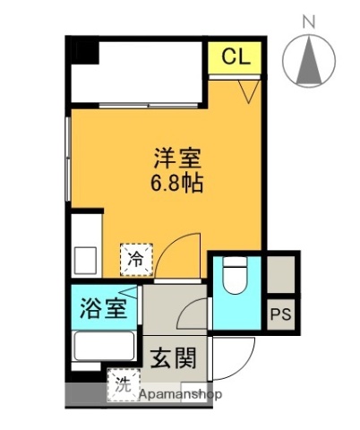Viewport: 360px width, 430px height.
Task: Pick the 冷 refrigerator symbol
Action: point(137,260)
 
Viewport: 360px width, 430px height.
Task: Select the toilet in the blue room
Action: point(235,275)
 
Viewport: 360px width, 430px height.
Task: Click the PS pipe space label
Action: point(281,315)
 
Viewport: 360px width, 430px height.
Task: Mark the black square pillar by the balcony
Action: point(82,49)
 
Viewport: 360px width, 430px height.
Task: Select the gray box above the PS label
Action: point(280,274)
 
